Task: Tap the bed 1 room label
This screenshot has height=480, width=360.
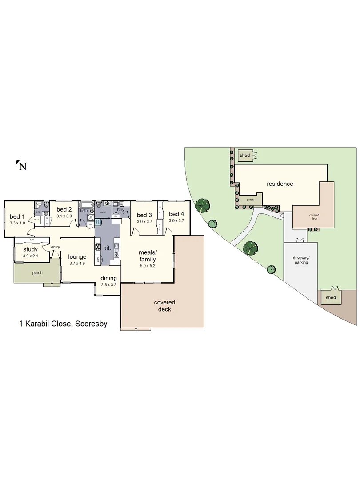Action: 17,217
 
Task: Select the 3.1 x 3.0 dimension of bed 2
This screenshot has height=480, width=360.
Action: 64,216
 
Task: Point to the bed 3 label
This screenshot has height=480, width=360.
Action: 144,215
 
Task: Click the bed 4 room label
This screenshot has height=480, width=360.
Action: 176,214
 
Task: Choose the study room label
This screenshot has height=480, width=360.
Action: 31,249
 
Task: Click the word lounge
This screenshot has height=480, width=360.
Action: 77,256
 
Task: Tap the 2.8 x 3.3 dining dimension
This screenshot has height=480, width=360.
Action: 108,284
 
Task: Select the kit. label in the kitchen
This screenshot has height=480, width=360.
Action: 107,248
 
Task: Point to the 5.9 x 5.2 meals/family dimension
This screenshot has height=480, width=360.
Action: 148,266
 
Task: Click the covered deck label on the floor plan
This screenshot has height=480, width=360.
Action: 164,306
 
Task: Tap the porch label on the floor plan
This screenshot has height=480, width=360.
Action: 37,272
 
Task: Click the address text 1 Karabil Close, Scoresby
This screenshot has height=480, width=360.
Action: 63,324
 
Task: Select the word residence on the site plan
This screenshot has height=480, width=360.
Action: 280,184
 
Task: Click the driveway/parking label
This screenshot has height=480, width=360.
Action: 300,260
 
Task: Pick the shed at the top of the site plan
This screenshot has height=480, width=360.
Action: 245,156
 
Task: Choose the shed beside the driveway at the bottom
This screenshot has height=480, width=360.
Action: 331,297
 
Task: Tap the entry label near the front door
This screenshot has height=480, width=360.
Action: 56,247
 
